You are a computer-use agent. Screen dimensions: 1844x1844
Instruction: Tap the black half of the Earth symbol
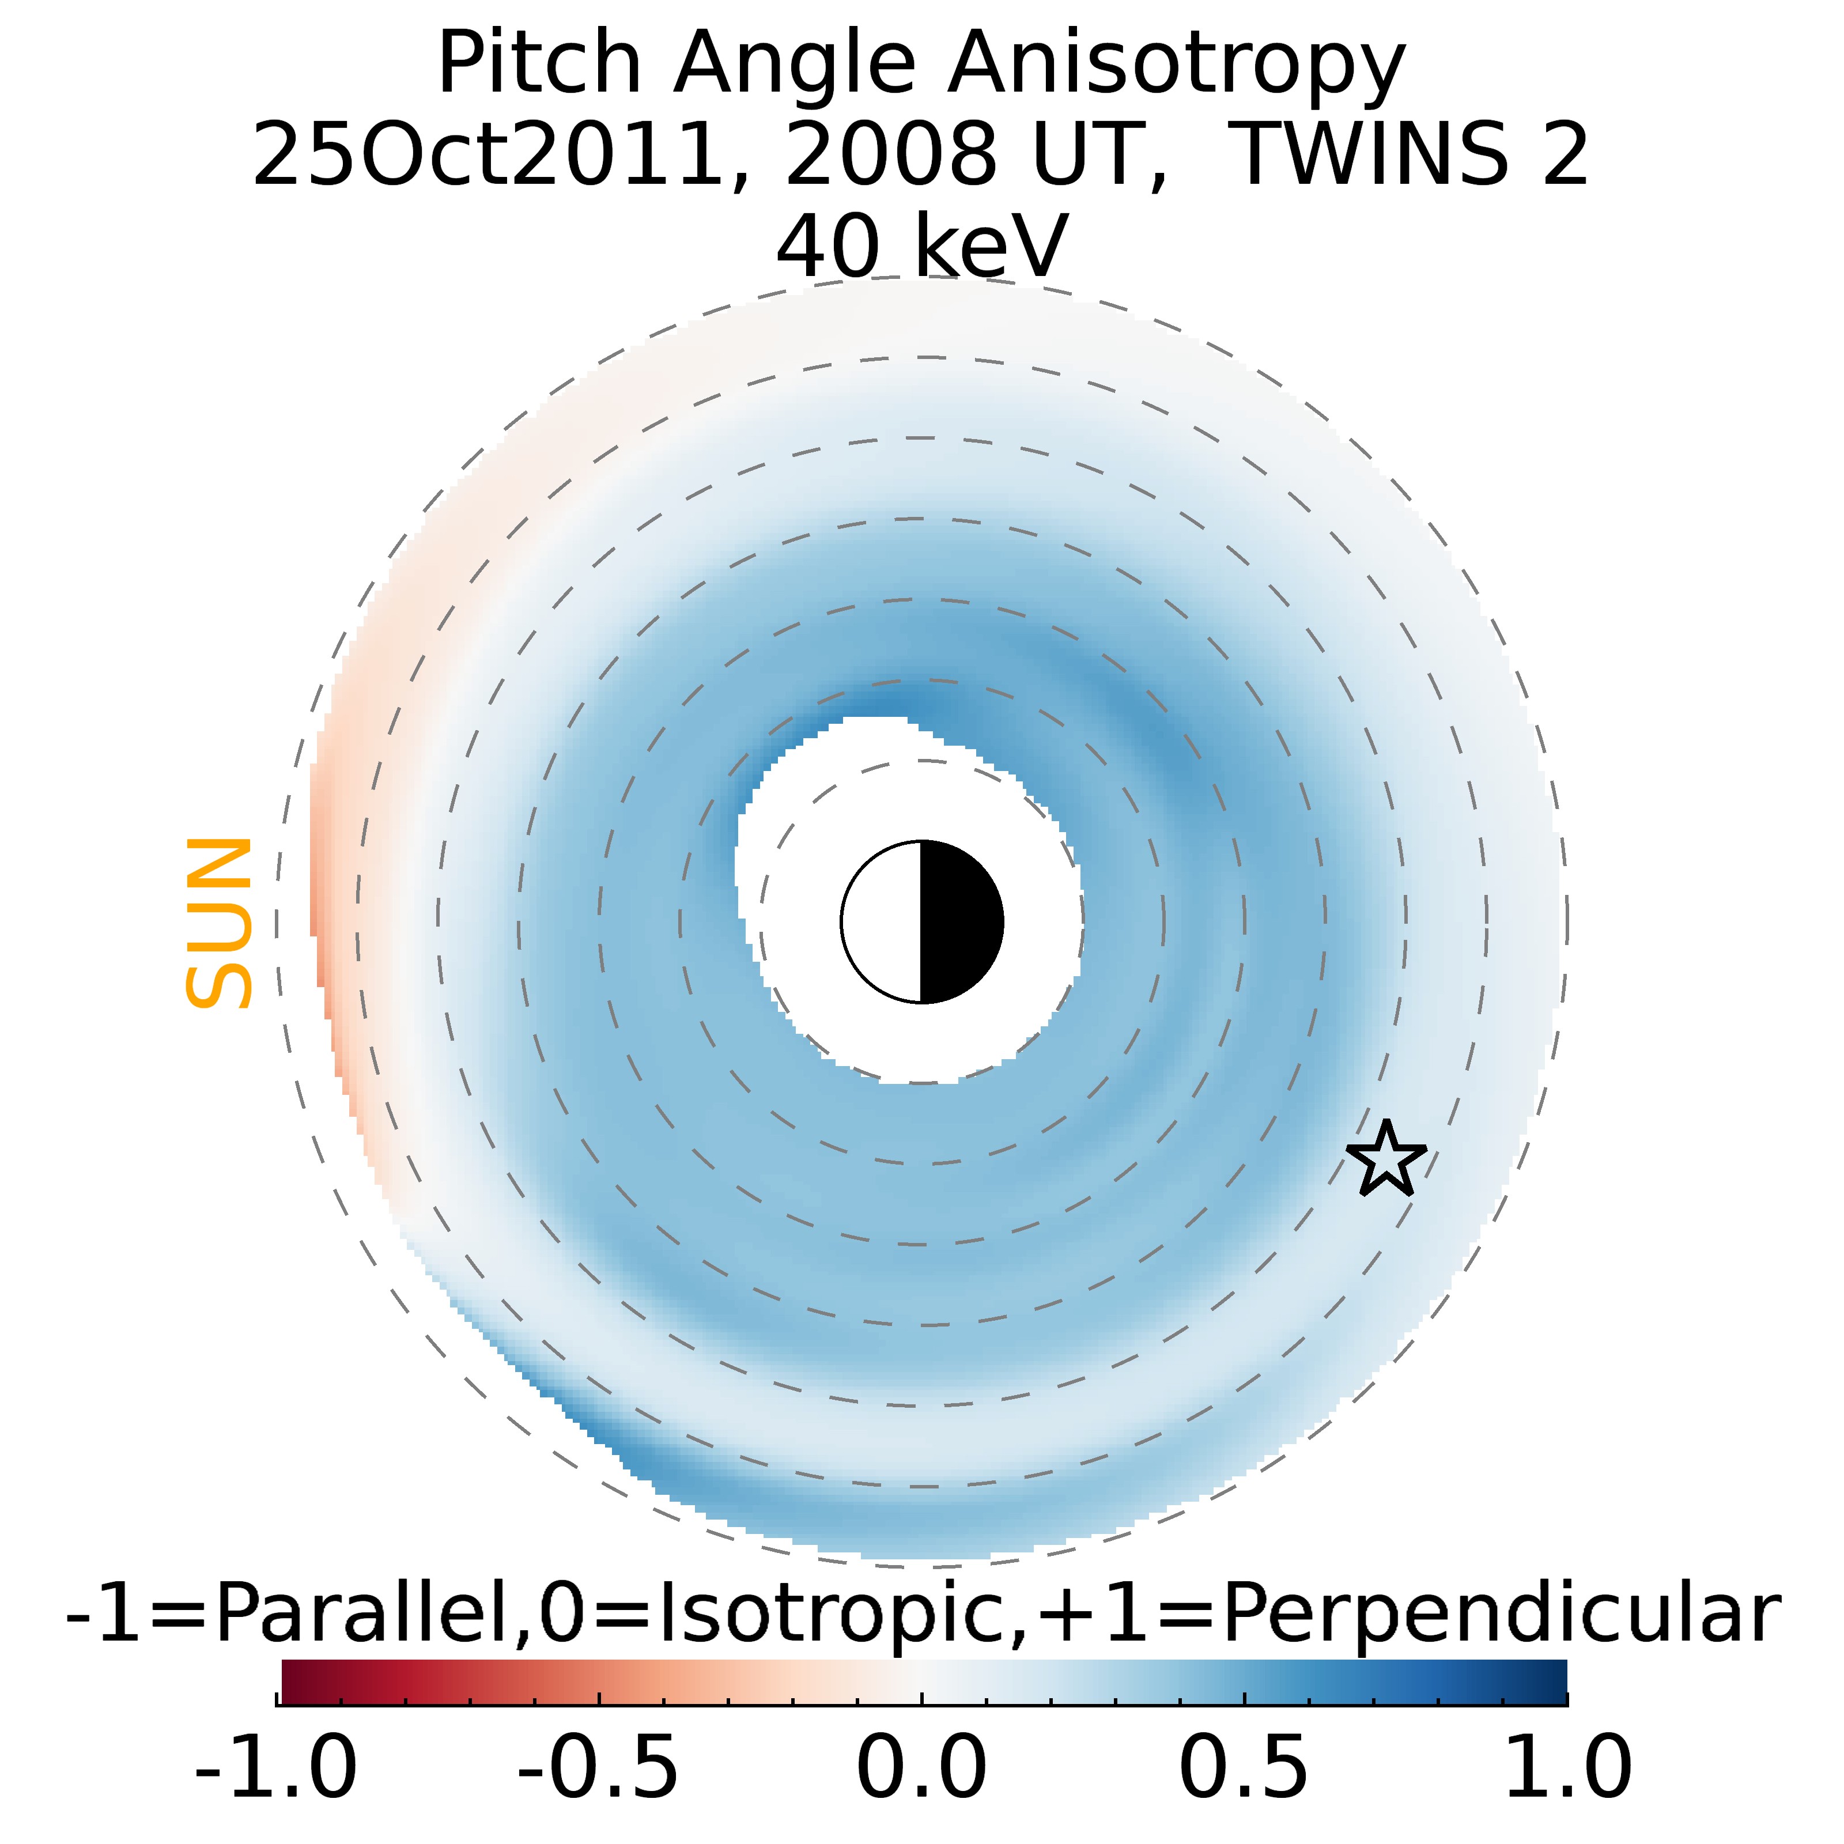[960, 922]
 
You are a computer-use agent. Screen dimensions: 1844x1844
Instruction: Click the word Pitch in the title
[538, 65]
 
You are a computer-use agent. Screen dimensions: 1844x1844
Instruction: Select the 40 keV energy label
[922, 246]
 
